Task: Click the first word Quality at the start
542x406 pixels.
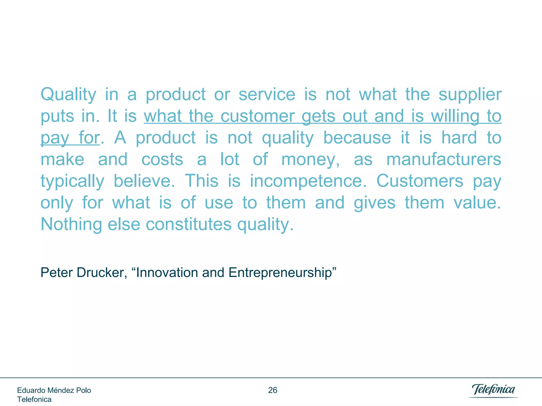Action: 68,95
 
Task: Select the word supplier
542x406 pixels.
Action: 470,95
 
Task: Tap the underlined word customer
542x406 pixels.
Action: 257,116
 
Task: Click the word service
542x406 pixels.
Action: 267,95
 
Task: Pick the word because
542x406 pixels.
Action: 357,138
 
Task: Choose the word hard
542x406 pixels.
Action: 459,138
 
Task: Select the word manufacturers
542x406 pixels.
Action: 444,160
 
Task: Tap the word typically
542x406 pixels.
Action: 72,181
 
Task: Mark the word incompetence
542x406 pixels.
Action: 308,181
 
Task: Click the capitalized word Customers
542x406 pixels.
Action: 420,181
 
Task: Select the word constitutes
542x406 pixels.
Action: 189,225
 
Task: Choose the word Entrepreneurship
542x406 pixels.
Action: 282,273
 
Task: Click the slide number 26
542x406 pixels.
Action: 273,390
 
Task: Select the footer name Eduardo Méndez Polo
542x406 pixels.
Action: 54,390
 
